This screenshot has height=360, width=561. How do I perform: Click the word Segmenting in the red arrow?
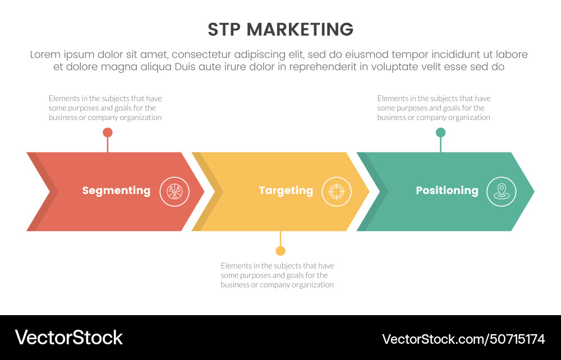pos(116,191)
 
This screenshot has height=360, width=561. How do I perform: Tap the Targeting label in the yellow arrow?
pos(286,191)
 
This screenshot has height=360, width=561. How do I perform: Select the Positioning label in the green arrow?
pos(447,191)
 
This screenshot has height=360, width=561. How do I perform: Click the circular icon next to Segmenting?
pos(174,192)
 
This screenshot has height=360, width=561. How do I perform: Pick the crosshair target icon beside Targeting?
pos(336,192)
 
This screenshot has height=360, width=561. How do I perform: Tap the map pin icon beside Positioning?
pos(501,192)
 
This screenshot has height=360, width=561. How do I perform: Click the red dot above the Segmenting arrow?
pos(108,132)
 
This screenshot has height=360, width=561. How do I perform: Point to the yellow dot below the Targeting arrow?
pos(280,251)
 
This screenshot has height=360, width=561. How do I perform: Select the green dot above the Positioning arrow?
pos(440,132)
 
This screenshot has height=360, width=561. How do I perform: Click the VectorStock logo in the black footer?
pos(68,338)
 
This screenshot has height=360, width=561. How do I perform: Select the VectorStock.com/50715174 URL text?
pos(463,339)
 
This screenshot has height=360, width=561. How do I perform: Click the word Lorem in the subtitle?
pos(45,54)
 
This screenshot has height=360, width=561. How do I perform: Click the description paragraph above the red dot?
pos(105,108)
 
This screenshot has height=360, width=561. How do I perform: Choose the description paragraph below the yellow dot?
pos(277,275)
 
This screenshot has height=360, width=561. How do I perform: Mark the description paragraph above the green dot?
pos(434,108)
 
